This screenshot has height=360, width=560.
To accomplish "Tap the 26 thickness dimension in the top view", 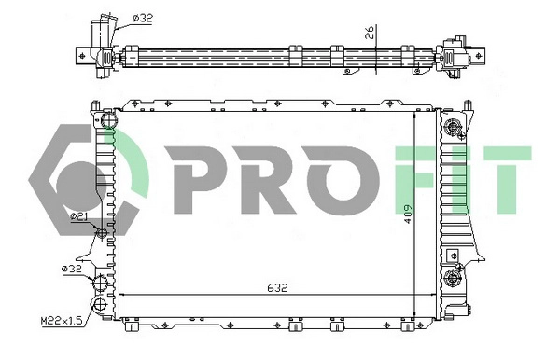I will pos(370,35).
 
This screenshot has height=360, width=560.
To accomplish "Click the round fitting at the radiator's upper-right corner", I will pos(455,129).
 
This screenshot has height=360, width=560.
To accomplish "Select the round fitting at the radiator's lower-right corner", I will pos(455,275).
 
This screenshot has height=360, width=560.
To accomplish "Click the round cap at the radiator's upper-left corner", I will pos(106,121).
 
